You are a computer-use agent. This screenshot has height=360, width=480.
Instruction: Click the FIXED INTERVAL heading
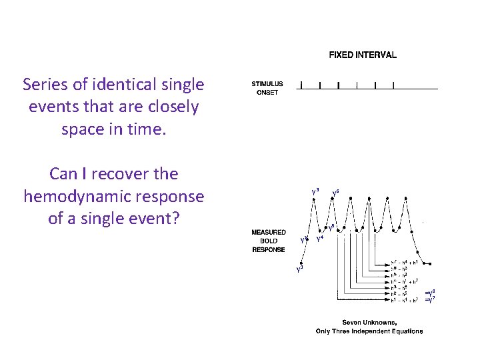[x=363, y=55]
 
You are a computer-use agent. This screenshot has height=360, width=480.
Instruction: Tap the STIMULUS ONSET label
[x=267, y=88]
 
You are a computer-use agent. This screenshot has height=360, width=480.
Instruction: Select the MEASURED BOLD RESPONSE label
[x=269, y=241]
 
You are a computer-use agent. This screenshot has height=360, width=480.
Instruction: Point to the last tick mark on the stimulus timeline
[x=394, y=85]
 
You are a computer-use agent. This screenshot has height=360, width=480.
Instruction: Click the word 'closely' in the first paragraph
[x=174, y=107]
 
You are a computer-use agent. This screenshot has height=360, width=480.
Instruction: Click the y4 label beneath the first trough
[x=319, y=237]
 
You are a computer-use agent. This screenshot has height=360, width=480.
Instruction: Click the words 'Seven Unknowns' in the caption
[x=369, y=323]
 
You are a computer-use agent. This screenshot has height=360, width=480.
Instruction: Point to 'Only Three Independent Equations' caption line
[x=369, y=331]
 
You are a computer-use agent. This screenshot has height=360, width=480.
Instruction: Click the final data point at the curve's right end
[x=435, y=263]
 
